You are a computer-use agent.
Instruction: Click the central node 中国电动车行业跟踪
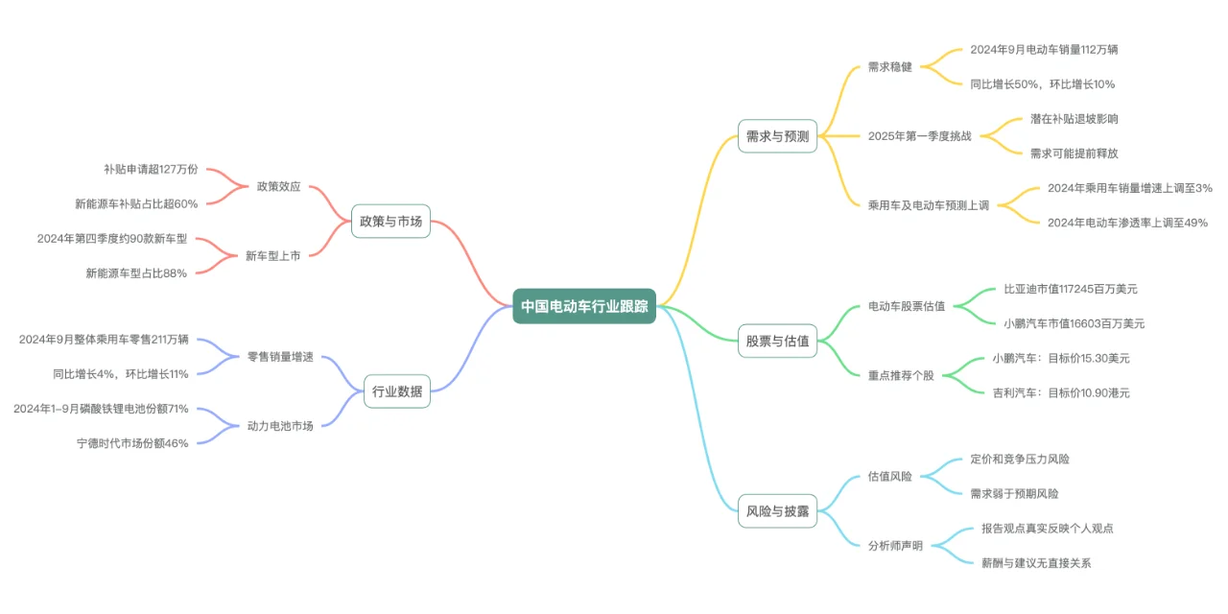tap(584, 306)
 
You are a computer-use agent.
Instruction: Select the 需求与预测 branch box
tap(777, 136)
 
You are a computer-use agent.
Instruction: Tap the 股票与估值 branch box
tap(777, 341)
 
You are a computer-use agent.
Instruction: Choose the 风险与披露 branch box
tap(777, 511)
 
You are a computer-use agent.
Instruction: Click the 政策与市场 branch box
tap(390, 221)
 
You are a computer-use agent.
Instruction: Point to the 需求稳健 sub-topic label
tap(890, 67)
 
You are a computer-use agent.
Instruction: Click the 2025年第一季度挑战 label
tap(919, 136)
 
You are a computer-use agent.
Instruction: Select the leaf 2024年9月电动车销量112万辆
tap(1044, 49)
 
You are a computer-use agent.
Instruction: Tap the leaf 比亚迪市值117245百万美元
tap(1071, 288)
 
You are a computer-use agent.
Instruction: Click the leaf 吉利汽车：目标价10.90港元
tap(1061, 392)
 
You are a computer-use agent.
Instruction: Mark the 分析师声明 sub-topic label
tap(895, 546)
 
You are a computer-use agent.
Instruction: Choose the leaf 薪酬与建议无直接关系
tap(1036, 563)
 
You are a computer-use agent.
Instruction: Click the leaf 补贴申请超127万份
tap(151, 169)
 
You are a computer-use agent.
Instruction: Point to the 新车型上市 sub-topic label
tap(272, 255)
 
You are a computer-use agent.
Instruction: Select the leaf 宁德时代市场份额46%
tap(132, 442)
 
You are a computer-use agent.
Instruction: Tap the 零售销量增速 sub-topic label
tap(280, 357)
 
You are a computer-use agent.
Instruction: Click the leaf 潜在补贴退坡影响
tap(1074, 119)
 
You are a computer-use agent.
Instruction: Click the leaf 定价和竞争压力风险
tap(1019, 459)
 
